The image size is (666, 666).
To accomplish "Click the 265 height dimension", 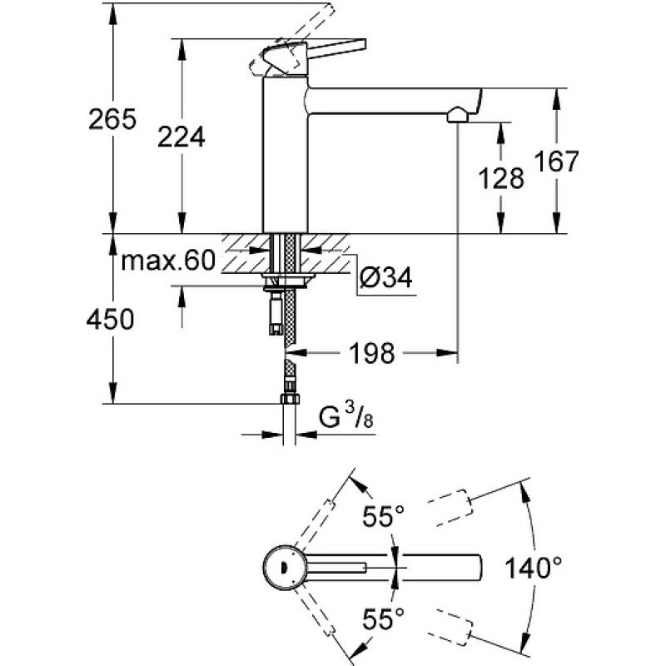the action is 112,119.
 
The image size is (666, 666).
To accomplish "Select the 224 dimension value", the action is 181,137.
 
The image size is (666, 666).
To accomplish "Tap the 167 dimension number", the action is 556,161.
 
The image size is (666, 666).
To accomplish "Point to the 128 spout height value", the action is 501,178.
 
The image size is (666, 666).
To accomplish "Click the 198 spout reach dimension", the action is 371,353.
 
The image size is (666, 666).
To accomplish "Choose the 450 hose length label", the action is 110,319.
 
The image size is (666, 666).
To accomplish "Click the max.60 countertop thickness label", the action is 168,260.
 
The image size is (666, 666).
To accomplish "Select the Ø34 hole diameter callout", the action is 385,278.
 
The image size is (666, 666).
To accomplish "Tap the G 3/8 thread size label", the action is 346,416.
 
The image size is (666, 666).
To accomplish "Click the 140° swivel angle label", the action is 533,568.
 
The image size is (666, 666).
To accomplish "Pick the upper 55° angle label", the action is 383,516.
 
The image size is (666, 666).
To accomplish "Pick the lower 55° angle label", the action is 383,618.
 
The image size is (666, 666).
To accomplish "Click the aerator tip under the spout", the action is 457,115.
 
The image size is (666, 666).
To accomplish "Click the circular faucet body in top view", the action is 284,568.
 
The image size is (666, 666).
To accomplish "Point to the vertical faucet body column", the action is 285,155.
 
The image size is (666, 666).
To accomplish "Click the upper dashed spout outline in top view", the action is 450,508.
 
